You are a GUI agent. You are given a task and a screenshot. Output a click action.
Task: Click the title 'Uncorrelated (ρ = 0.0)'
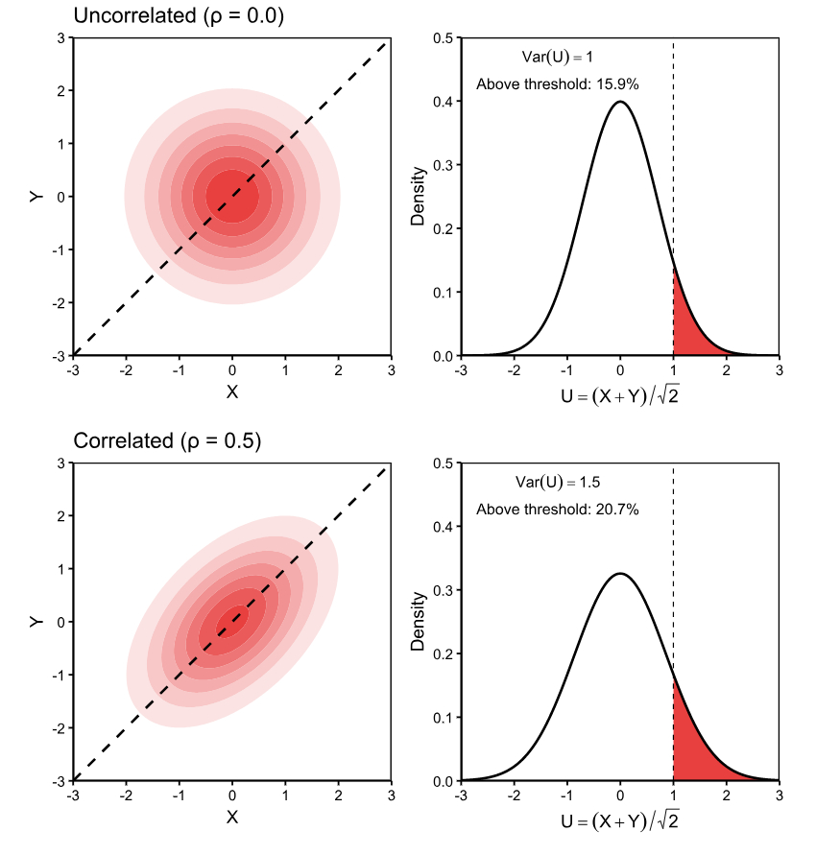[179, 16]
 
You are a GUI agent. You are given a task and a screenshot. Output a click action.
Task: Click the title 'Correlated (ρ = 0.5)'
[167, 441]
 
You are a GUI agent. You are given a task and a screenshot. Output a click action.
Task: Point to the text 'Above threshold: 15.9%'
[558, 84]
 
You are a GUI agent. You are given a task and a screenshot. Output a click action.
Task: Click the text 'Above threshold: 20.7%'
[558, 510]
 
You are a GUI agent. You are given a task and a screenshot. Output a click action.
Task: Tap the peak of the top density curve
[620, 102]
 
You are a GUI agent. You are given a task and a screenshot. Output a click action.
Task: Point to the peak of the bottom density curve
[620, 574]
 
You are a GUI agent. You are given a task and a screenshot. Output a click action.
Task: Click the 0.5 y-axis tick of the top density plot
[446, 37]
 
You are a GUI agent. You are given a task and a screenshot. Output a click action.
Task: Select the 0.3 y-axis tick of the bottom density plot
[446, 590]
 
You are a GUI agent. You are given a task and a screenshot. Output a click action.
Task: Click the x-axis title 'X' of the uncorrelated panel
[231, 392]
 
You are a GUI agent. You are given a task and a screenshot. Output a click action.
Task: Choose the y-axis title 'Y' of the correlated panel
[36, 622]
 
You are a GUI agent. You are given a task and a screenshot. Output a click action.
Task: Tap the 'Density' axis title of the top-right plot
[418, 197]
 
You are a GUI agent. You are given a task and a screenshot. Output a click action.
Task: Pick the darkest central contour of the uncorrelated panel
[231, 197]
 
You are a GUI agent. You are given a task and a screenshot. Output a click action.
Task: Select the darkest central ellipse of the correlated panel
[231, 622]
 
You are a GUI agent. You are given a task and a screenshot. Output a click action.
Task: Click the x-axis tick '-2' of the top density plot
[514, 369]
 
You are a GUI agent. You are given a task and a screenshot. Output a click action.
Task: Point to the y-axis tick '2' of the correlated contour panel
[60, 515]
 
